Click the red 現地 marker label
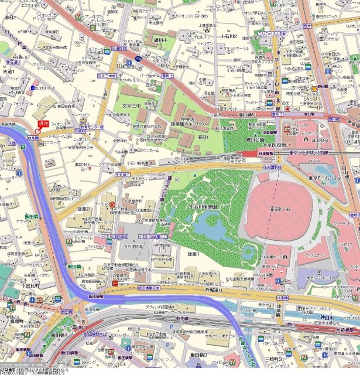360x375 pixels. [x=43, y=123]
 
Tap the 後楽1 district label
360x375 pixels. [x=194, y=254]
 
